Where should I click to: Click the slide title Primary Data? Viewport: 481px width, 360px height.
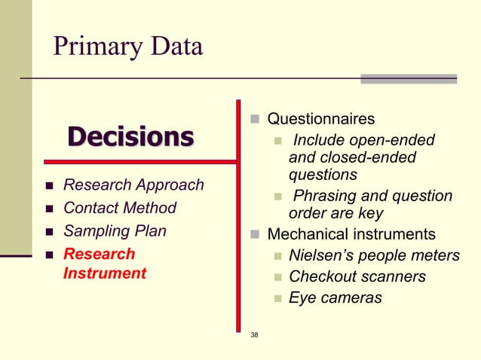tap(127, 47)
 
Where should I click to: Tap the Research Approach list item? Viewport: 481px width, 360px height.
tap(133, 185)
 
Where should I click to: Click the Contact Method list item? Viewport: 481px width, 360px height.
tap(120, 208)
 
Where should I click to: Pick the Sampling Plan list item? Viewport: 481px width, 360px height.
tap(115, 231)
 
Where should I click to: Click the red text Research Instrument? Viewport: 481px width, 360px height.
tap(104, 264)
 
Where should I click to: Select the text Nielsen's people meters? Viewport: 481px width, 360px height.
tap(374, 256)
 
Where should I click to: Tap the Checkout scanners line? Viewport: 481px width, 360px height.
tap(357, 277)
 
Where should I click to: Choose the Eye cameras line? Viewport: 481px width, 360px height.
tap(335, 298)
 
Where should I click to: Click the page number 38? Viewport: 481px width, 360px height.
tap(254, 334)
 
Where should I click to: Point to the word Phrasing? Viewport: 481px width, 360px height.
tap(324, 197)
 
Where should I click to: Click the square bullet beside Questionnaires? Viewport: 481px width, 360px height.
tap(255, 120)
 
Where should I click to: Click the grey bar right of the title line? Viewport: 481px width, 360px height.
tap(408, 78)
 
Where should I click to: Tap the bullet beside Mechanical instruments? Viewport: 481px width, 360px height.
tap(255, 235)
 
